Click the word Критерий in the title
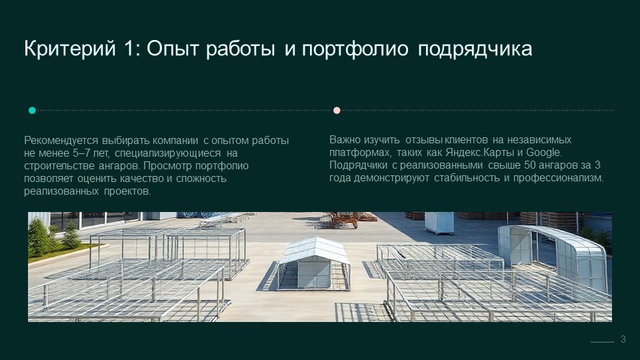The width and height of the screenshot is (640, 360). click(70, 49)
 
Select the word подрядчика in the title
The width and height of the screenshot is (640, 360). click(475, 49)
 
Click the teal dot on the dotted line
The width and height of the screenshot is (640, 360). click(32, 110)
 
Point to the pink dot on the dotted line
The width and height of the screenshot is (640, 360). click(337, 110)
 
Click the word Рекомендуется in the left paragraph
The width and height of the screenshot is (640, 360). click(61, 141)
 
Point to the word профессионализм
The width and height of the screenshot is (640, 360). click(559, 178)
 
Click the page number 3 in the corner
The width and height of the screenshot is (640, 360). click(623, 339)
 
